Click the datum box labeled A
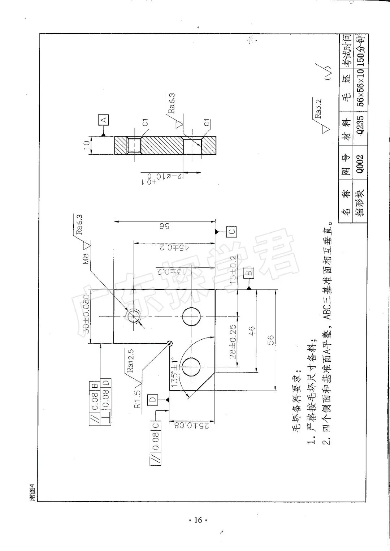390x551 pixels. coord(104,120)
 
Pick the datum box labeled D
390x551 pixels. coord(153,399)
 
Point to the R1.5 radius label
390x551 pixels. coord(138,398)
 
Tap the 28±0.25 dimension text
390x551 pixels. coord(233,341)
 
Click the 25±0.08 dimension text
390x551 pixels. coord(192,425)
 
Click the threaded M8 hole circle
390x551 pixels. coord(133,316)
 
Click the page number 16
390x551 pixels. coord(198,520)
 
